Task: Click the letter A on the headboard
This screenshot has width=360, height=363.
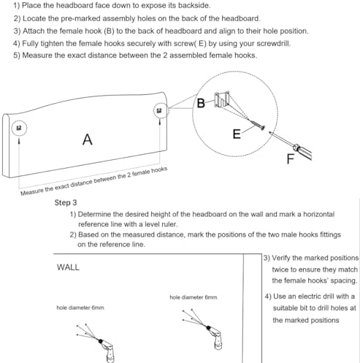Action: point(88,140)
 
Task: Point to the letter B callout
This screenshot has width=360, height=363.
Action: point(201,103)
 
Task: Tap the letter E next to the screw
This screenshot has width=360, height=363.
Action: point(237,134)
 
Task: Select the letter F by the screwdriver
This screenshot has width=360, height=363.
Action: point(291,159)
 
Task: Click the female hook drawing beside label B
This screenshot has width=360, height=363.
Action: point(222,99)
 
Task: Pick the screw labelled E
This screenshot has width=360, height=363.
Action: point(256,123)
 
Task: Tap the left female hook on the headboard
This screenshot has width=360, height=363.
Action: point(19,128)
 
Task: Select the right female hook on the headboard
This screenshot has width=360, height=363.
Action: point(159,111)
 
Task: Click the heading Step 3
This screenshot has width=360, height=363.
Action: point(66,202)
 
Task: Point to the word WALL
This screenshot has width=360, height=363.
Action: point(68,267)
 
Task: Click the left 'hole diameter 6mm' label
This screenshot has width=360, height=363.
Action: point(80,307)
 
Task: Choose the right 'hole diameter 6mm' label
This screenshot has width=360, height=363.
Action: point(194,297)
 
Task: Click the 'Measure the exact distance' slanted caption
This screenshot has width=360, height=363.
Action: point(94,181)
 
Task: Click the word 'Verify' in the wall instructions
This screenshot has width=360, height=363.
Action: point(281,258)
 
